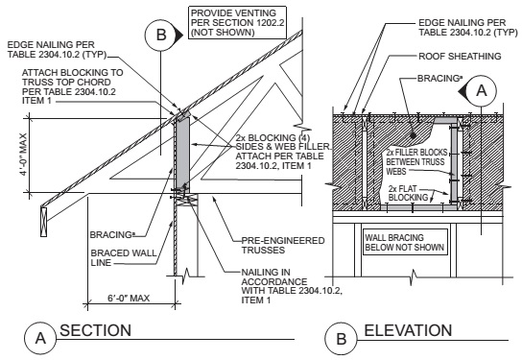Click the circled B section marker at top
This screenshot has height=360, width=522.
pyautogui.click(x=161, y=35)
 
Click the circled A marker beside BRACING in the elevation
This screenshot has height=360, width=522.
pyautogui.click(x=481, y=90)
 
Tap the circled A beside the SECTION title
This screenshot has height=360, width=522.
pyautogui.click(x=40, y=338)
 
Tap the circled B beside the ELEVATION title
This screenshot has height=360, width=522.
pyautogui.click(x=342, y=339)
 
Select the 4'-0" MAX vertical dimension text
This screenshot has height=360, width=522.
pyautogui.click(x=23, y=155)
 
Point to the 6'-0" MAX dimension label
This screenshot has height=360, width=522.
pyautogui.click(x=129, y=298)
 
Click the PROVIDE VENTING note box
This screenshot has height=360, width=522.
pyautogui.click(x=237, y=23)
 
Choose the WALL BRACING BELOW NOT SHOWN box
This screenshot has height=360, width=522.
pyautogui.click(x=405, y=242)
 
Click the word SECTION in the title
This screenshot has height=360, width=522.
pyautogui.click(x=96, y=330)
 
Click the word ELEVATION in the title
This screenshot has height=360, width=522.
pyautogui.click(x=408, y=330)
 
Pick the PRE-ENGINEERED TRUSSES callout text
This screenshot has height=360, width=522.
pyautogui.click(x=283, y=245)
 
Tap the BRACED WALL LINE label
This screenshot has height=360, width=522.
pyautogui.click(x=124, y=258)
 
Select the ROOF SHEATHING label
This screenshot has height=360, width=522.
pyautogui.click(x=460, y=56)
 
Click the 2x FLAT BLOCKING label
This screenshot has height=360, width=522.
pyautogui.click(x=408, y=193)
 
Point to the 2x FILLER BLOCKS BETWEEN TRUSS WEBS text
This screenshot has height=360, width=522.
pyautogui.click(x=416, y=162)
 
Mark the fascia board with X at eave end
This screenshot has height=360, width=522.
pyautogui.click(x=43, y=222)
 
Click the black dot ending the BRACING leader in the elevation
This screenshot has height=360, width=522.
pyautogui.click(x=413, y=136)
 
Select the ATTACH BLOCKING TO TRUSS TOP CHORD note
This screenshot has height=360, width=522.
pyautogui.click(x=72, y=86)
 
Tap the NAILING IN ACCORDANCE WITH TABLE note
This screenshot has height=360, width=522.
pyautogui.click(x=292, y=286)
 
